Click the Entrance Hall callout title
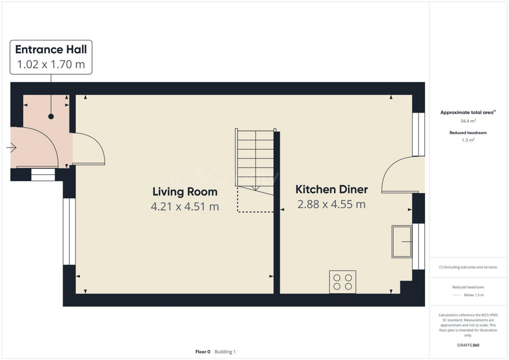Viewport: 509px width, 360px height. [x=51, y=49]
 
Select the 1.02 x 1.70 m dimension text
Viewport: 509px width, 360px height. [x=51, y=64]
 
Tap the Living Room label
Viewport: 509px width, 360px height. [x=184, y=191]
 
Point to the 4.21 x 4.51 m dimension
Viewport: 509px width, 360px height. [x=184, y=206]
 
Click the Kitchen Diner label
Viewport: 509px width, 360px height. [x=332, y=189]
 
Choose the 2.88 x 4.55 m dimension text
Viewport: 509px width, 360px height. [x=332, y=204]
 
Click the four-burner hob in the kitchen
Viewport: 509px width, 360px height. [x=342, y=281]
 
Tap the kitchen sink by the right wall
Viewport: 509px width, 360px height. [x=402, y=242]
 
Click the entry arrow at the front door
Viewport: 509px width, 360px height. [x=12, y=148]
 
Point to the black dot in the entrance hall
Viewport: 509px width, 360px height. [x=51, y=116]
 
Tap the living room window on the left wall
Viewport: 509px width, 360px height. [x=69, y=231]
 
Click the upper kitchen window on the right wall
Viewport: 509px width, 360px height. [x=419, y=134]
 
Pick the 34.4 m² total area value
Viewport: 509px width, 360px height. [x=467, y=121]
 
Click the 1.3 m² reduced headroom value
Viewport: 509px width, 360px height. [x=467, y=140]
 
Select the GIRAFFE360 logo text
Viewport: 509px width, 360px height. [x=468, y=345]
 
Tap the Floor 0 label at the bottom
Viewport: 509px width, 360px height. [x=203, y=352]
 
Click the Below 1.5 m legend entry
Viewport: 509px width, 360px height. [x=474, y=295]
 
